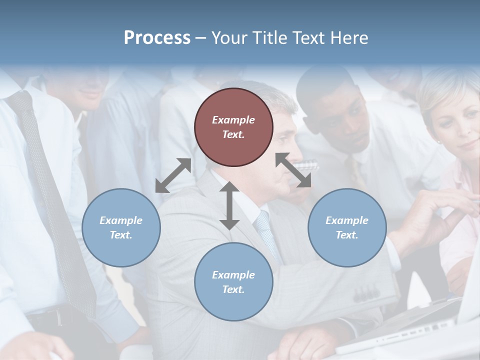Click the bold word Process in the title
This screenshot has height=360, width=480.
tap(157, 38)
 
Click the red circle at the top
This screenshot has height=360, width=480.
tap(233, 127)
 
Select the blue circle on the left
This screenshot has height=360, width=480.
tap(121, 227)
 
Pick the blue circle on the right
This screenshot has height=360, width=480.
tap(347, 227)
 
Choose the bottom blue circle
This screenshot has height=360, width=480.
tap(233, 282)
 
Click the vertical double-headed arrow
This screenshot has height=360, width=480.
tap(229, 205)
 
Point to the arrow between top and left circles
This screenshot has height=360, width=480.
tap(173, 175)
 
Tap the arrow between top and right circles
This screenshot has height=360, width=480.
tap(293, 170)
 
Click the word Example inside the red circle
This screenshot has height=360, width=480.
tap(233, 120)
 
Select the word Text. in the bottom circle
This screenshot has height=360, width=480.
tap(233, 289)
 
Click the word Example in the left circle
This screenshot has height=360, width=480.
tap(121, 220)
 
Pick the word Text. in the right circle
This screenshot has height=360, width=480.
tap(347, 235)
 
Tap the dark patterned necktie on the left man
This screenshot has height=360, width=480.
tap(55, 200)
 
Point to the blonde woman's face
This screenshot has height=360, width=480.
tap(457, 125)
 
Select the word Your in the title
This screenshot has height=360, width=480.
tap(226, 38)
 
